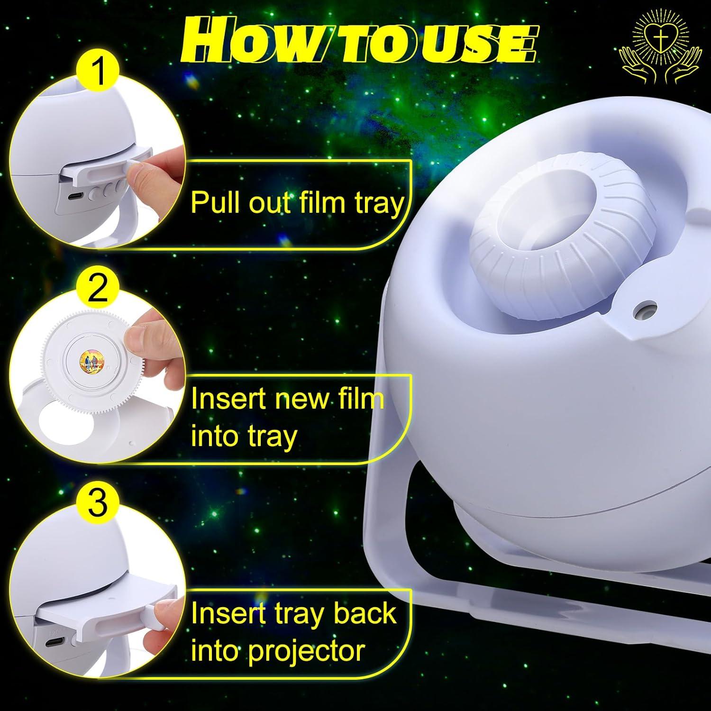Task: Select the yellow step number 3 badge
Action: pos(98,504)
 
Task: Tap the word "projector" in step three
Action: pos(307,652)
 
